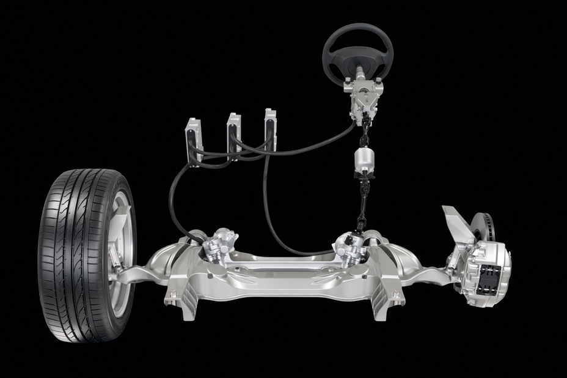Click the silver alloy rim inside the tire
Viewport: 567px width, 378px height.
120,257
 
